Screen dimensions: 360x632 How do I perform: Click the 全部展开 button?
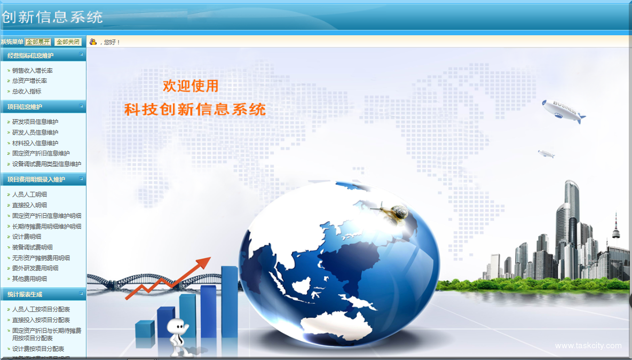pyautogui.click(x=38, y=42)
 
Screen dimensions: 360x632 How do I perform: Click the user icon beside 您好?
pyautogui.click(x=93, y=42)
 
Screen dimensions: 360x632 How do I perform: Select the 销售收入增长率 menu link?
pyautogui.click(x=33, y=71)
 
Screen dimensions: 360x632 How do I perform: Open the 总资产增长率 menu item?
pyautogui.click(x=30, y=81)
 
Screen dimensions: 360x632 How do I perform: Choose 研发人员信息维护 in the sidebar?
pyautogui.click(x=35, y=132)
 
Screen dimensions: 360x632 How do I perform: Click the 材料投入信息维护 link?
pyautogui.click(x=35, y=143)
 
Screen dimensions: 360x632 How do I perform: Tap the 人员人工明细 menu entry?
pyautogui.click(x=30, y=194)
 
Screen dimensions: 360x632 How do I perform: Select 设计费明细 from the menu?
pyautogui.click(x=27, y=237)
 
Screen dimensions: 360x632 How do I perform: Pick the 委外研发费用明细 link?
pyautogui.click(x=35, y=268)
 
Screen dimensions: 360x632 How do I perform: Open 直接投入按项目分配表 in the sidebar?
pyautogui.click(x=41, y=320)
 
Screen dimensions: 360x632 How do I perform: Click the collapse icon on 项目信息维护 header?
pyautogui.click(x=81, y=106)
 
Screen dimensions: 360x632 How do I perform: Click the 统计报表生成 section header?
pyautogui.click(x=25, y=294)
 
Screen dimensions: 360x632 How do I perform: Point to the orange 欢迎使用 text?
pyautogui.click(x=191, y=85)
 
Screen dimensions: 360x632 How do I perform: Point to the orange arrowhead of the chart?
pyautogui.click(x=203, y=263)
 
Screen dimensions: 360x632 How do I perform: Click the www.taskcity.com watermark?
pyautogui.click(x=588, y=346)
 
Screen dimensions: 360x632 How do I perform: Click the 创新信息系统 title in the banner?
pyautogui.click(x=52, y=17)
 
